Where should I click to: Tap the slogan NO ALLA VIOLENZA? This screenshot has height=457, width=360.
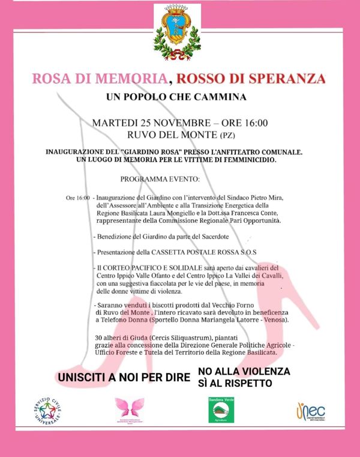tap(244, 372)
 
